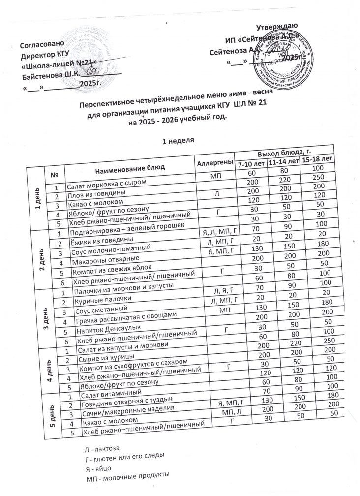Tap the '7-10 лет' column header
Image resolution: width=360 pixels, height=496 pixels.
pos(250,163)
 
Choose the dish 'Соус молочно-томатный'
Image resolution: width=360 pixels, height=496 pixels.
pos(108,249)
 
